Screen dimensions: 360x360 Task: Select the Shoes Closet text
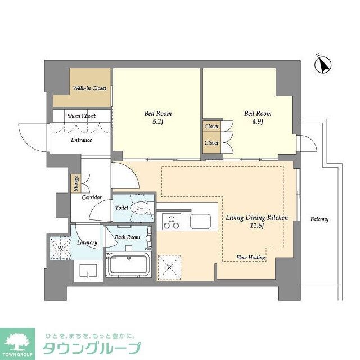click(x=82, y=116)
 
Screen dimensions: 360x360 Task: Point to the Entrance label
click(x=81, y=139)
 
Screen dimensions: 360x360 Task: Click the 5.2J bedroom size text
click(x=157, y=122)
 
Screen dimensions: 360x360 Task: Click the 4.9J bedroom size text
click(x=258, y=122)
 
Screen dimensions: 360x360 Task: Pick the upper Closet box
click(x=211, y=127)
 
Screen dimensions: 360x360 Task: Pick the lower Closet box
click(x=211, y=143)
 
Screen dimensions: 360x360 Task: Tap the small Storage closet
click(x=75, y=184)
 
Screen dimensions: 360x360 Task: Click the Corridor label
click(x=91, y=197)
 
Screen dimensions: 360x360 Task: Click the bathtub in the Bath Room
click(x=128, y=265)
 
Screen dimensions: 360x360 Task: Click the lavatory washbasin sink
click(x=88, y=272)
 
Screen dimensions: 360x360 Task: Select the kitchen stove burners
click(x=171, y=222)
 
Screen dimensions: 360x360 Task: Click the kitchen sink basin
click(x=200, y=222)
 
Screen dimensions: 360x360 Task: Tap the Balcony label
click(x=319, y=219)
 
